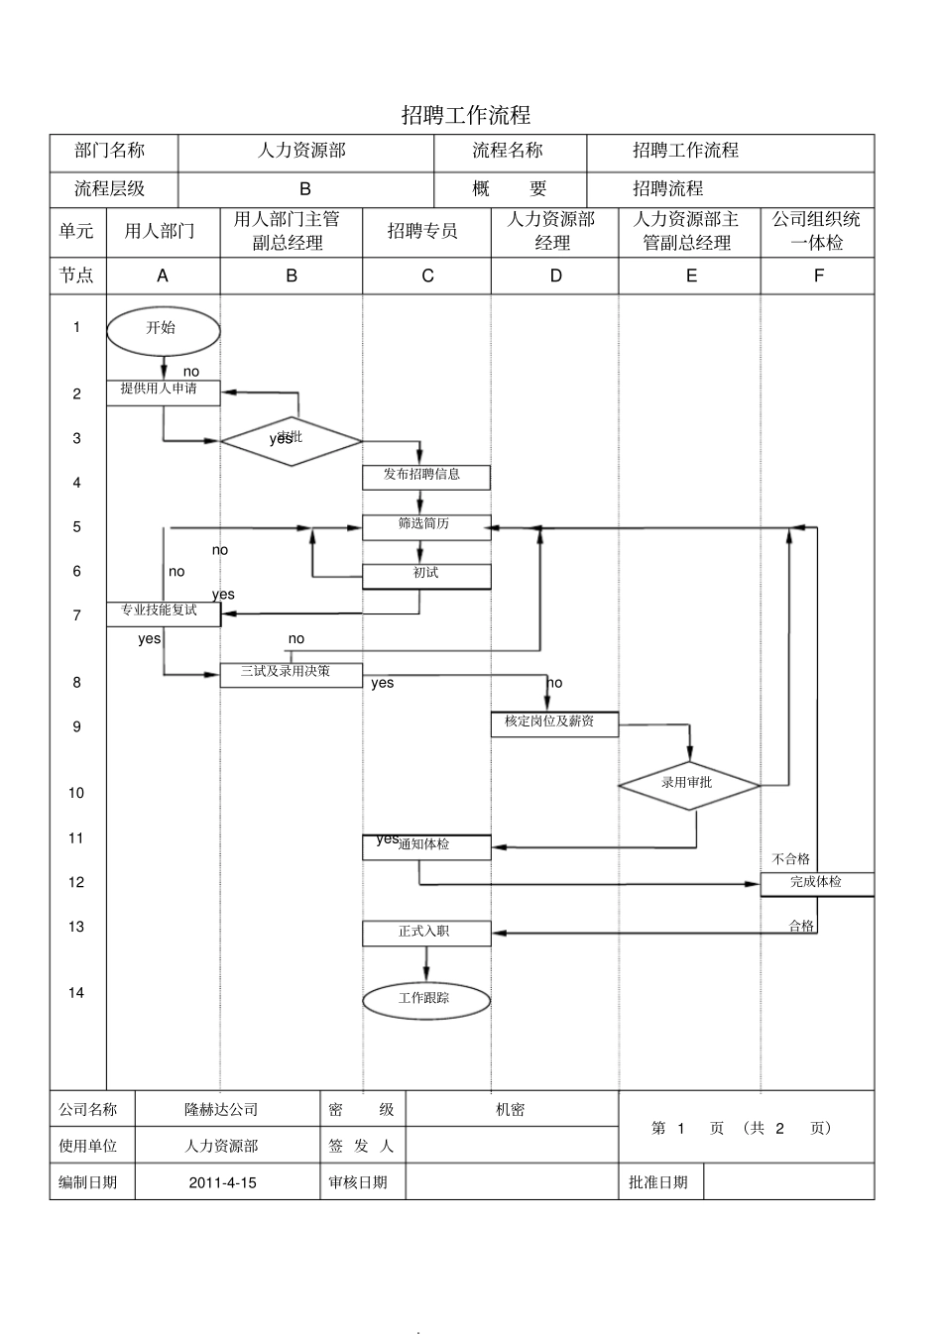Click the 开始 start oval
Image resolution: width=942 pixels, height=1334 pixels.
tap(163, 330)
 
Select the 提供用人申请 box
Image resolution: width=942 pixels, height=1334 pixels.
tap(163, 392)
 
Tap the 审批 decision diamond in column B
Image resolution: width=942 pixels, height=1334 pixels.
tap(291, 441)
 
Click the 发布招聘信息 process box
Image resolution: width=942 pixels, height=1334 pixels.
tap(425, 477)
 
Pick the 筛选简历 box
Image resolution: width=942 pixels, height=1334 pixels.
tap(425, 526)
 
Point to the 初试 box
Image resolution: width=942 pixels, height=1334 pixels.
tap(425, 576)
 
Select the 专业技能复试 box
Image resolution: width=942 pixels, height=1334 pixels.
tap(163, 613)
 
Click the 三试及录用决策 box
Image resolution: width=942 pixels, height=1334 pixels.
tap(291, 674)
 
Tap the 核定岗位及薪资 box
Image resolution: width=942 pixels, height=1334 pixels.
tap(554, 723)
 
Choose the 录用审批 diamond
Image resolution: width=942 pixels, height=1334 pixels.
tap(688, 785)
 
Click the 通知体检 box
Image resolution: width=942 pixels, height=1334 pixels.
tap(425, 846)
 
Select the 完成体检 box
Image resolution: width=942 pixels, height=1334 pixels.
tap(816, 883)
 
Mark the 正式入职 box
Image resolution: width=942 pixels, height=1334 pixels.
tap(425, 933)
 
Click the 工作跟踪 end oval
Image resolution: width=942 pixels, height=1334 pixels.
tap(425, 1000)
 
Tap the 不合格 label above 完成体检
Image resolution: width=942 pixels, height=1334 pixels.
tap(790, 859)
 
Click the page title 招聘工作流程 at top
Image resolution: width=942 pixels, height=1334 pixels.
tap(465, 115)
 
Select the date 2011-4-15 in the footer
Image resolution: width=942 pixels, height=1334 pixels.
tap(222, 1182)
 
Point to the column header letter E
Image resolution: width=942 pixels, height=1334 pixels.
tap(691, 277)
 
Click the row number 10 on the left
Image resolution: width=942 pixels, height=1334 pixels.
tap(76, 793)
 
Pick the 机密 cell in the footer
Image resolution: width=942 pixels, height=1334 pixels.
tap(511, 1110)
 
